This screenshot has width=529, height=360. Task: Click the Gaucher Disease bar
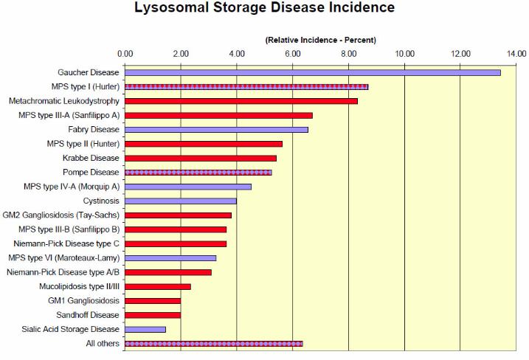click(x=313, y=72)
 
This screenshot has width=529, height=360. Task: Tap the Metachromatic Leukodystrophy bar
click(x=241, y=101)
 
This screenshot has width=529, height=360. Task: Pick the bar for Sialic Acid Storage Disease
click(x=145, y=329)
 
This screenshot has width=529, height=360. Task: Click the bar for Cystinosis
click(x=181, y=201)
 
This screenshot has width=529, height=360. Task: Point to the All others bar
click(x=214, y=344)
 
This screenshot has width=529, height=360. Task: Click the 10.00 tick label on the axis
click(x=404, y=53)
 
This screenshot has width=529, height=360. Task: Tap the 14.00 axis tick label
click(x=516, y=53)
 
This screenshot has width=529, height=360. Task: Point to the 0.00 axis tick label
click(x=125, y=53)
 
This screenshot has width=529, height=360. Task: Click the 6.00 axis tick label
click(x=293, y=53)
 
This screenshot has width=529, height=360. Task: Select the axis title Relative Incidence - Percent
click(x=320, y=39)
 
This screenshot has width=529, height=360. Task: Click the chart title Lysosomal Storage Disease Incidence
click(x=264, y=9)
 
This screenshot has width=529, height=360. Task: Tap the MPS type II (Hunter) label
click(x=82, y=144)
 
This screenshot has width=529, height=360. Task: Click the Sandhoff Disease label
click(x=88, y=315)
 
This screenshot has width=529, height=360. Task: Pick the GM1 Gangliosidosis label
click(x=83, y=301)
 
